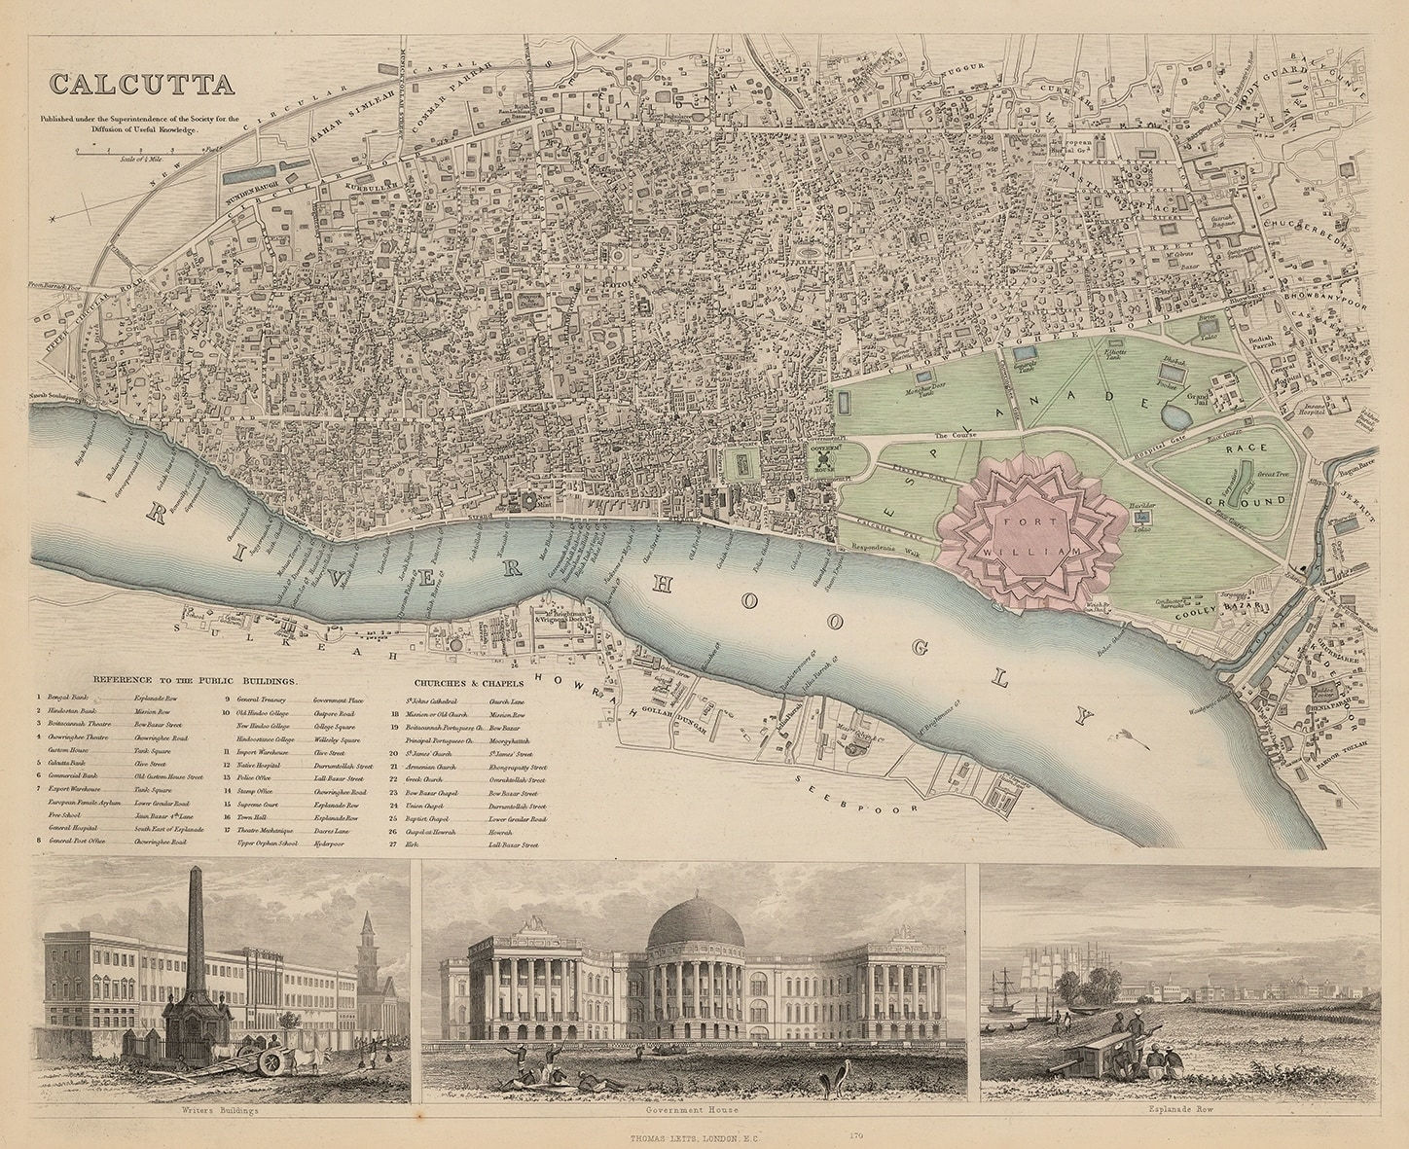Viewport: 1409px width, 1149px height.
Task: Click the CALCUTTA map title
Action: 142,84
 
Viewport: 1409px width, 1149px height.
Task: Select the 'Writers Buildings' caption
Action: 221,1113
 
